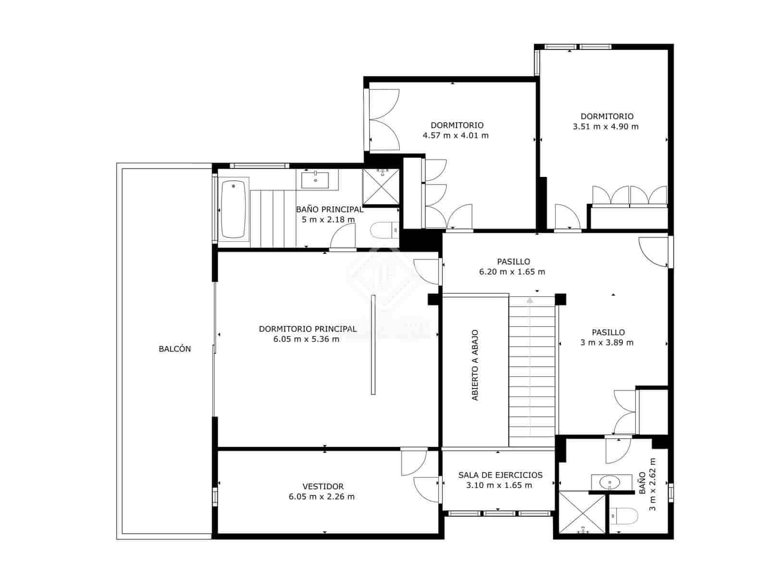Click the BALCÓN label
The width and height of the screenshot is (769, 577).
(x=174, y=349)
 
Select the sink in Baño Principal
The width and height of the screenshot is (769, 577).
(x=315, y=180)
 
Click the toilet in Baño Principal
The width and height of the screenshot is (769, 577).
(x=384, y=230)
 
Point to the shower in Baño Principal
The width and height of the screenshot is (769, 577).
(x=381, y=187)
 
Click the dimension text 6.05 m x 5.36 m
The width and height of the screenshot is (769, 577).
(x=306, y=339)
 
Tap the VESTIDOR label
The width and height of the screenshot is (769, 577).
(x=323, y=487)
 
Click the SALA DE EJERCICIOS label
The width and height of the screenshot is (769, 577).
(x=500, y=475)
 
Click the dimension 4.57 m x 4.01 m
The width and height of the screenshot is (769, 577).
(x=456, y=136)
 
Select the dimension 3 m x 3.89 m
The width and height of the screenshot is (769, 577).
(x=607, y=343)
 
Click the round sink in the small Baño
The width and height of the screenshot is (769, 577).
(x=609, y=481)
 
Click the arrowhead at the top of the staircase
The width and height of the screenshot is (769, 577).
(x=530, y=300)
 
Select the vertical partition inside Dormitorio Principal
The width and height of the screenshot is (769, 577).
(x=373, y=344)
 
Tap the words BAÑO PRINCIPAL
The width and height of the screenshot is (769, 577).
(x=329, y=210)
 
